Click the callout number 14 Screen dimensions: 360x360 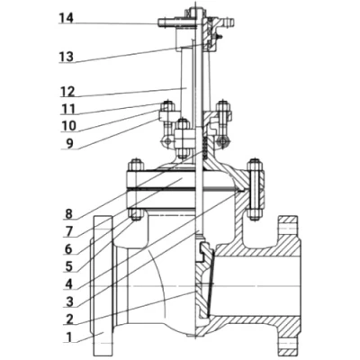(x=66, y=18)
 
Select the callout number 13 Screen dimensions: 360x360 (x=66, y=57)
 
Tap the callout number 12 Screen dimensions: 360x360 (x=67, y=91)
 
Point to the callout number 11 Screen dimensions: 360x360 (x=68, y=109)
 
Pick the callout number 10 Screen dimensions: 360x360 (x=69, y=126)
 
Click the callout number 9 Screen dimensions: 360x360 (x=69, y=143)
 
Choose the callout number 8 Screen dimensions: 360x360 (x=68, y=214)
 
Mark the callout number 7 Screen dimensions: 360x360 (x=69, y=231)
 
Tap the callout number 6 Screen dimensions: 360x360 (x=68, y=249)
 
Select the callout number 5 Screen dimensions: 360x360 (x=69, y=266)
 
